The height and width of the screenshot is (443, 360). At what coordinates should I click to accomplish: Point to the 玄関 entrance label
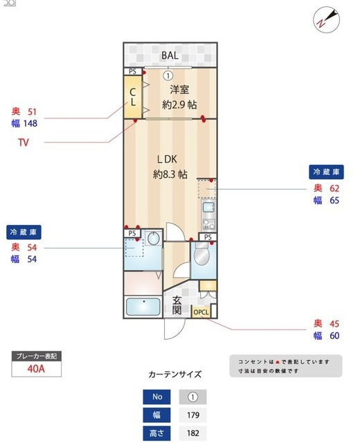[x=177, y=305]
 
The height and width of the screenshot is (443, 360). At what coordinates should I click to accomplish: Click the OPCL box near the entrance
[x=201, y=313]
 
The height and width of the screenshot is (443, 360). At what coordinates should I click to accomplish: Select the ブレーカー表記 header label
[x=37, y=356]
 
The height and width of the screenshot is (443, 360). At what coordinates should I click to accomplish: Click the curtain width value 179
[x=193, y=416]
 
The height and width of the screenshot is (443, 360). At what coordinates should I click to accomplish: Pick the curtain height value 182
[x=193, y=434]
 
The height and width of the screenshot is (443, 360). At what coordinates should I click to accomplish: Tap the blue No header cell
[x=156, y=398]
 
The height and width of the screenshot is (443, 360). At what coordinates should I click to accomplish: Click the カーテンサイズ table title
[x=175, y=374]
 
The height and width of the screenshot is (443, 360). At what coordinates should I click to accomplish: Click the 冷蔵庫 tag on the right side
[x=325, y=172]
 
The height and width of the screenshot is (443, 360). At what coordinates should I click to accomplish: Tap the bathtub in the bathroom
[x=143, y=305]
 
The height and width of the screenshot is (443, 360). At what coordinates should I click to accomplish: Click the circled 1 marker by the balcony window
[x=168, y=75]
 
